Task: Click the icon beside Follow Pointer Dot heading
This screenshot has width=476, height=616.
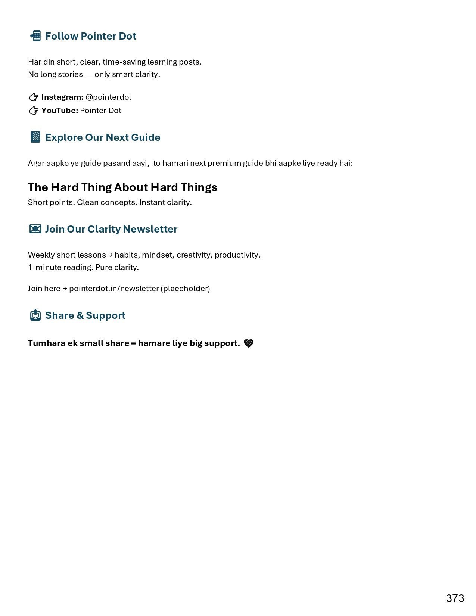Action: click(35, 36)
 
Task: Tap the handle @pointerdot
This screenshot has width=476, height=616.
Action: click(108, 97)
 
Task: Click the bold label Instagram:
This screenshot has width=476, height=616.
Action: click(62, 97)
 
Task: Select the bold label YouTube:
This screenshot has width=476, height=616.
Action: click(60, 111)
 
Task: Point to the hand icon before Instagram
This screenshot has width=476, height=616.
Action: click(34, 97)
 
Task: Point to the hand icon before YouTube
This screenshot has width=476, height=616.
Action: click(34, 111)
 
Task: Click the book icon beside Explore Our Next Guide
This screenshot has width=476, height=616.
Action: click(35, 137)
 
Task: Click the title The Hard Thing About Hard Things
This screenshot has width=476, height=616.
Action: click(122, 187)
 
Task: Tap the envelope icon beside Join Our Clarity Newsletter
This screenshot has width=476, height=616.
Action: click(35, 229)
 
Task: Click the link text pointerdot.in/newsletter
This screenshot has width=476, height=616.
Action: click(114, 289)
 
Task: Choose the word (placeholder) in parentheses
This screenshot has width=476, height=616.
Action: click(185, 289)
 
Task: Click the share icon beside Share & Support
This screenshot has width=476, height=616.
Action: click(35, 315)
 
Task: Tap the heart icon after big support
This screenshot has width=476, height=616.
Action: click(249, 343)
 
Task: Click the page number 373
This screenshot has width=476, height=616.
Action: click(455, 598)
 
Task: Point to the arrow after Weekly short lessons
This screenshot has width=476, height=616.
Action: click(110, 255)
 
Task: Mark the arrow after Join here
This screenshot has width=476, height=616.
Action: click(65, 289)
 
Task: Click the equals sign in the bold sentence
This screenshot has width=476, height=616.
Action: click(134, 343)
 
